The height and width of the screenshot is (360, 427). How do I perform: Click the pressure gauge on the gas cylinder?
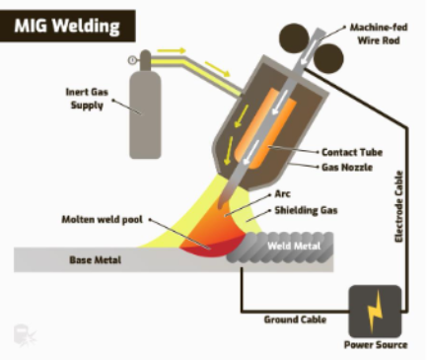133,60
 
